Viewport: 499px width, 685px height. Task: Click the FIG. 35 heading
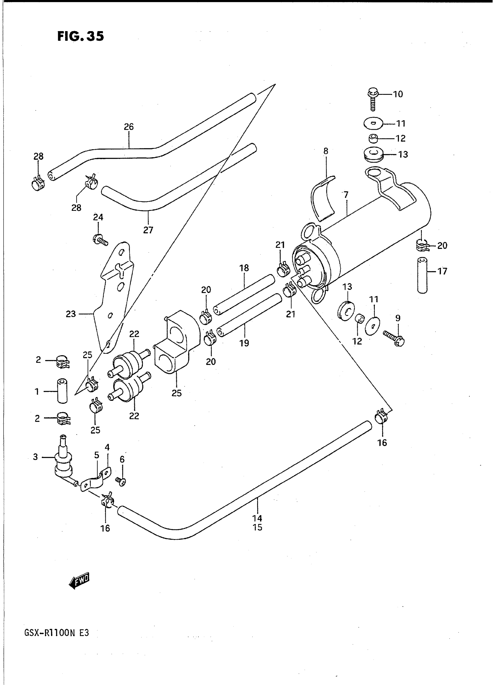coord(80,36)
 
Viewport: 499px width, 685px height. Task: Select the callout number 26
coord(129,127)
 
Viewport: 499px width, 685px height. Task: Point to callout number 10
coord(398,94)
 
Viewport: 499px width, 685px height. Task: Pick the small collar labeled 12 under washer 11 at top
coord(374,139)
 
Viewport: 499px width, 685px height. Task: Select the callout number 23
coord(71,314)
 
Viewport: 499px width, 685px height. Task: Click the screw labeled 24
coord(100,240)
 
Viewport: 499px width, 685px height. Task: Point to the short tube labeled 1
coord(62,391)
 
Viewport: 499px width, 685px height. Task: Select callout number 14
coord(257,518)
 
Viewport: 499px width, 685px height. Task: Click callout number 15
coord(257,527)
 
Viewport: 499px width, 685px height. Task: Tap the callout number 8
coord(326,151)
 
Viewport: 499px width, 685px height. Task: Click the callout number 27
coord(148,230)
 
